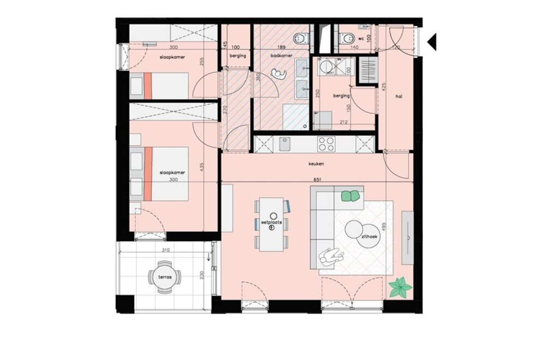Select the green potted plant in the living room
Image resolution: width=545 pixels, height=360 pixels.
(x=401, y=287)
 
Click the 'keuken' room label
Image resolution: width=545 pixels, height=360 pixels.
(x=317, y=163)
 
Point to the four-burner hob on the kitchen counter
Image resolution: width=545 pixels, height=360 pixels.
(x=326, y=144)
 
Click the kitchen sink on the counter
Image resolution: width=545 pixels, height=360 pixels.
(x=285, y=143)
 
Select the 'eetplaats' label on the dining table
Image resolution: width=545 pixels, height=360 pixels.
(x=271, y=223)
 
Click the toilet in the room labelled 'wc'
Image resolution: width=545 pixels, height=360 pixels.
(x=345, y=38)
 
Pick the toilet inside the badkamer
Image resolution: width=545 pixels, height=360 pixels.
(x=300, y=38)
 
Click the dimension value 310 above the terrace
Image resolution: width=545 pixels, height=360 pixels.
(x=166, y=250)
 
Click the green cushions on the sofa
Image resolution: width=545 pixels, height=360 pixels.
(x=352, y=195)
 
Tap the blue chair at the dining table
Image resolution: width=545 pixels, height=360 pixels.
(x=288, y=207)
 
